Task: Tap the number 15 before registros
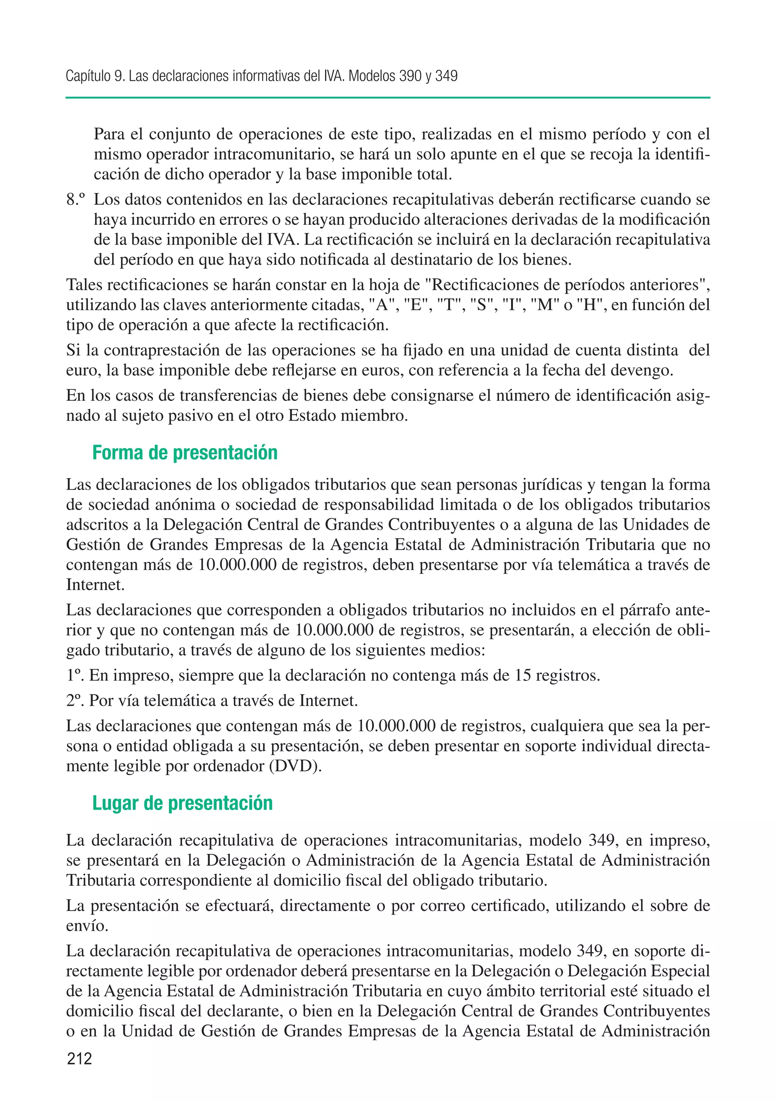point(523,675)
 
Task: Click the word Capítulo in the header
point(88,76)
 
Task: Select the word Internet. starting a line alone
point(95,585)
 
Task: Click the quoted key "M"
point(546,305)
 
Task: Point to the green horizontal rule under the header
point(388,97)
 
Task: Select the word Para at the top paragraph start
point(110,134)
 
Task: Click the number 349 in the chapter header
point(446,76)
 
